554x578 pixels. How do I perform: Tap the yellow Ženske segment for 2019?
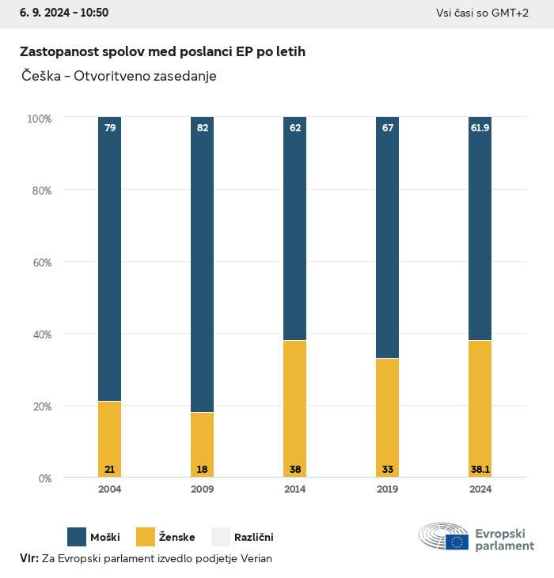(388, 417)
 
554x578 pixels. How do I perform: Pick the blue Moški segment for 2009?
(203, 265)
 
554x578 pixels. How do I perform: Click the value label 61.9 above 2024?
(480, 127)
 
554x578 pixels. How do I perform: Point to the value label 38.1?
(480, 470)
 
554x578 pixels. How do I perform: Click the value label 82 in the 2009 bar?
(203, 127)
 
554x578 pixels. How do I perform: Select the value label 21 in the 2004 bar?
(110, 470)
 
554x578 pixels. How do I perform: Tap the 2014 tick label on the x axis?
(295, 489)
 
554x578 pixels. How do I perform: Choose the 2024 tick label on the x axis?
(480, 489)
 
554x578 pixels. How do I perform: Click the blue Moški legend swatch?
(77, 537)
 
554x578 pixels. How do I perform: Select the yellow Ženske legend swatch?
(146, 537)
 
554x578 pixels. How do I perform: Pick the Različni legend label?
(253, 538)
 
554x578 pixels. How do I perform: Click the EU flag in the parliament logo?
(457, 542)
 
